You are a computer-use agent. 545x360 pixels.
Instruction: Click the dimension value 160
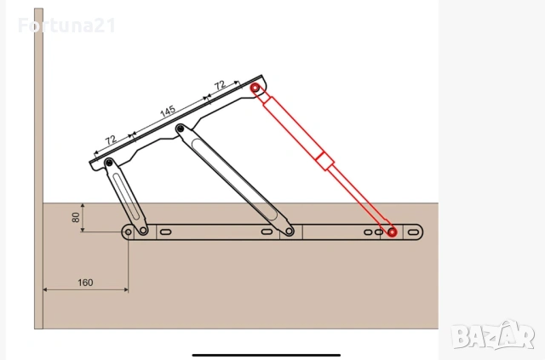85,283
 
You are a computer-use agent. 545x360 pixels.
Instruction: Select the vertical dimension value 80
76,218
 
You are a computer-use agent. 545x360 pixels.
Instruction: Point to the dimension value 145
168,111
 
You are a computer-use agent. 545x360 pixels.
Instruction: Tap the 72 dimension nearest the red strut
220,85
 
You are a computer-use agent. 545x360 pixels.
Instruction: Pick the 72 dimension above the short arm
111,140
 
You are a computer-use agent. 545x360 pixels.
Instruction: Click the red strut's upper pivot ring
255,88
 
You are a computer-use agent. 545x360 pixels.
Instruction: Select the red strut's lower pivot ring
392,232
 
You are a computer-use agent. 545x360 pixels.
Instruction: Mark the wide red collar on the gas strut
325,161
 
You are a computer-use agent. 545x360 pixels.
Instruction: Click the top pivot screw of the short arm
110,163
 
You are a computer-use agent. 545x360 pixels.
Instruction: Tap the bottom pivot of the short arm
143,230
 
